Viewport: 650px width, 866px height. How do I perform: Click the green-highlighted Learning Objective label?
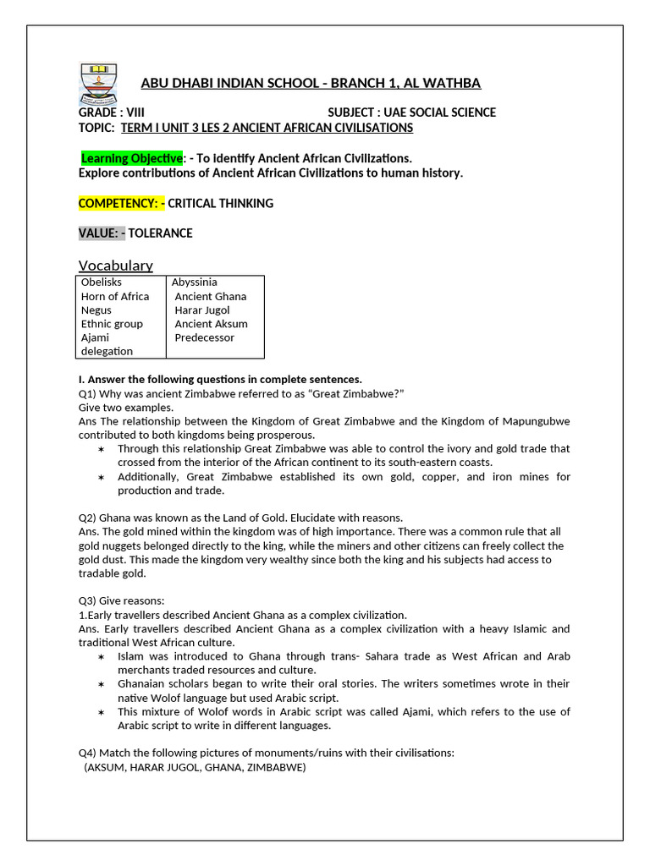(x=131, y=158)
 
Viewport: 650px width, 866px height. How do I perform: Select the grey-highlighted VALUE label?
(x=102, y=233)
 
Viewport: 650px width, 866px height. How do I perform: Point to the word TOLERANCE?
(x=160, y=233)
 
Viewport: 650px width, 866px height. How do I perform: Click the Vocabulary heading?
(x=116, y=265)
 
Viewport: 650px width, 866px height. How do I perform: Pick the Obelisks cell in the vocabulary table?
(x=102, y=282)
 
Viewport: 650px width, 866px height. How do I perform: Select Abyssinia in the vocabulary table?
(x=195, y=282)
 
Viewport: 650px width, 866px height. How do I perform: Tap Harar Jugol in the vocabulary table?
(x=202, y=310)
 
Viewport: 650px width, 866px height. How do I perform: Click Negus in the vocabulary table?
(x=96, y=310)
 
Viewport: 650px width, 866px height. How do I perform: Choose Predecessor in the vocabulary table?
(x=205, y=337)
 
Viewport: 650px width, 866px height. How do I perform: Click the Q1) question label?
(x=87, y=393)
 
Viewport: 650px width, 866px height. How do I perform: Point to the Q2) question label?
(x=87, y=517)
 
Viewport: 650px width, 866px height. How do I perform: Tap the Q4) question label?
(x=87, y=753)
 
